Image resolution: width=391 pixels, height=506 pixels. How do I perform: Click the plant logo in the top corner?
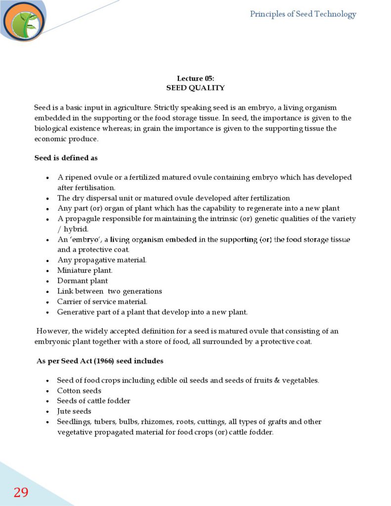pos(24,21)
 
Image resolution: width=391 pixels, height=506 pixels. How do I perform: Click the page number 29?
pos(21,492)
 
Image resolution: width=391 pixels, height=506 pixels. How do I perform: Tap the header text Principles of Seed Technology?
pos(303,14)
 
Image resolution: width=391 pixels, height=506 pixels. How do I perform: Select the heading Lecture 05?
pos(195,79)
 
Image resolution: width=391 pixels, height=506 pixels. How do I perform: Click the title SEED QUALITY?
pos(195,88)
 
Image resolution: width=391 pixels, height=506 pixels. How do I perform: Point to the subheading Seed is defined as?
pos(66,158)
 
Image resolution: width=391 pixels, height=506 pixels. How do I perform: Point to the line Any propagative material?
pos(102,260)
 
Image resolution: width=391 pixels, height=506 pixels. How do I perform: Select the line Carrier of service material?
pos(102,301)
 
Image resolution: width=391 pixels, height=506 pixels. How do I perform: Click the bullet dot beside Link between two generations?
pos(47,292)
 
